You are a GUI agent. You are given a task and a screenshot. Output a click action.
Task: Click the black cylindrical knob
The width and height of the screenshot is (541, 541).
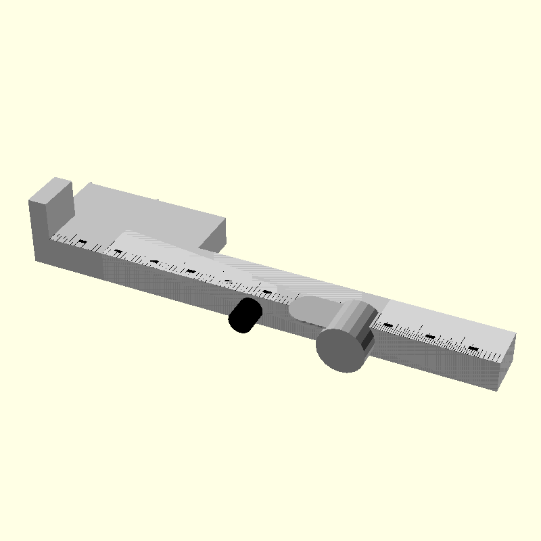244,316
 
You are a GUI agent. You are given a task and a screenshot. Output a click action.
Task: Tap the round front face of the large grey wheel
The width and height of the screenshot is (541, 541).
340,350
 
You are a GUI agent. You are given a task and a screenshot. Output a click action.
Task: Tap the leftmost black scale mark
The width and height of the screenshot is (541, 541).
83,241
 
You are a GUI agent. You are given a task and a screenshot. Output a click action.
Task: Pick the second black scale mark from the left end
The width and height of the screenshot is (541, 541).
118,252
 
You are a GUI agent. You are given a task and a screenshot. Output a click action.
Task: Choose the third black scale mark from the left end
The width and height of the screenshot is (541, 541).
155,262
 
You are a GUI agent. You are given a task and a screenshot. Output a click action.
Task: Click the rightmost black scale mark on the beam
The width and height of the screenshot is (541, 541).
473,350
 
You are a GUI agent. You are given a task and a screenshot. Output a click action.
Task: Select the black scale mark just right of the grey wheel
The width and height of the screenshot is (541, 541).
388,325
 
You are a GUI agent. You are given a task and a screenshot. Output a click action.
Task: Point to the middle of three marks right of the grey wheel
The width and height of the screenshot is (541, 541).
429,337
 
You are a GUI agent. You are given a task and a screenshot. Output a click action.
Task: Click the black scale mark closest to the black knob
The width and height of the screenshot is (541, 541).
267,293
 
